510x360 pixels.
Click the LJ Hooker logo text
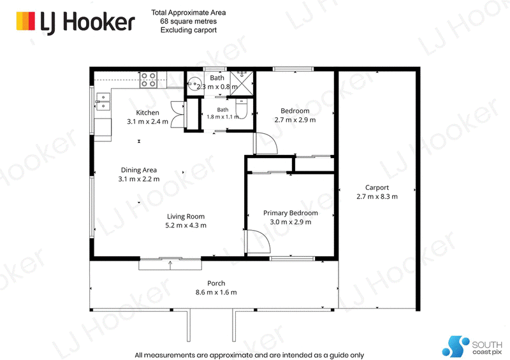(87, 22)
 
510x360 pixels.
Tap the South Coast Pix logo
(472, 347)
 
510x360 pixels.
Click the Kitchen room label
(147, 113)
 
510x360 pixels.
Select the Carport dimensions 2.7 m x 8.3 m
(377, 196)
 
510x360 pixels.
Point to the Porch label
(216, 284)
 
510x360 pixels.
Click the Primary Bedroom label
(291, 213)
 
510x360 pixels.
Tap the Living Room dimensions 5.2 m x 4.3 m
(186, 226)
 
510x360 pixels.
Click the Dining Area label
(139, 170)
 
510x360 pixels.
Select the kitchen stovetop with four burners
(149, 80)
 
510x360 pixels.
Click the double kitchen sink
(103, 101)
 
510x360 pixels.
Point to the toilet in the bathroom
(242, 109)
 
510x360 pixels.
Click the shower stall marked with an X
(242, 83)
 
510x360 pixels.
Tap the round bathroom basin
(194, 84)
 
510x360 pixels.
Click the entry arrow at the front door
(170, 264)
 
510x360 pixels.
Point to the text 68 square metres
(188, 22)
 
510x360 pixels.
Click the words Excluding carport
(189, 30)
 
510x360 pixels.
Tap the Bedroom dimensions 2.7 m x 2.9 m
(295, 120)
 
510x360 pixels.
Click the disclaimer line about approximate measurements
(249, 355)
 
